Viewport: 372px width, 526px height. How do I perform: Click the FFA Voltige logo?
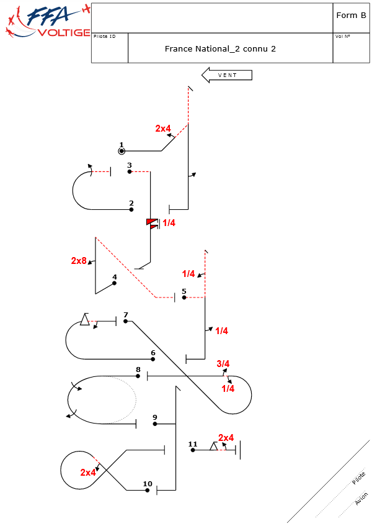(x=46, y=21)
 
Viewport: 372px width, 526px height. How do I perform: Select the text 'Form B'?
(x=350, y=16)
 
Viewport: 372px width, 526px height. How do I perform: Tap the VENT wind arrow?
(x=227, y=75)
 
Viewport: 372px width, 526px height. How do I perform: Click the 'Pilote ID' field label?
(x=104, y=37)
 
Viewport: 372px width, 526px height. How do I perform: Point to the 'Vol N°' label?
(x=343, y=37)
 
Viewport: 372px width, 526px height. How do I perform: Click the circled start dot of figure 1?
(x=122, y=151)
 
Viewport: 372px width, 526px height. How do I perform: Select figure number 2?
(x=131, y=203)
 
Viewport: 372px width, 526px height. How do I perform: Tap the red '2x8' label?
(x=79, y=261)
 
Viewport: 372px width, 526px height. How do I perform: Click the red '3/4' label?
(x=223, y=364)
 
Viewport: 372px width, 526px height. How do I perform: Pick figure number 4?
(x=114, y=277)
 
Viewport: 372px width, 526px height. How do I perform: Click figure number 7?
(x=126, y=315)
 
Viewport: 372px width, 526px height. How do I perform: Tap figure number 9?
(x=154, y=417)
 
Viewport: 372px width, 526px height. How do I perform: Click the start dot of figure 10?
(x=148, y=490)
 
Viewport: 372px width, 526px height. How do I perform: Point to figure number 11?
(x=192, y=444)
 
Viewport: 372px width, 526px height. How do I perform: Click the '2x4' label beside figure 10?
(x=89, y=473)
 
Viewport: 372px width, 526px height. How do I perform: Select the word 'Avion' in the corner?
(x=361, y=498)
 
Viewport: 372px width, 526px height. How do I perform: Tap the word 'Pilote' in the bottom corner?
(x=358, y=478)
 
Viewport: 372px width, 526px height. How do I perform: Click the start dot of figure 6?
(x=153, y=359)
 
